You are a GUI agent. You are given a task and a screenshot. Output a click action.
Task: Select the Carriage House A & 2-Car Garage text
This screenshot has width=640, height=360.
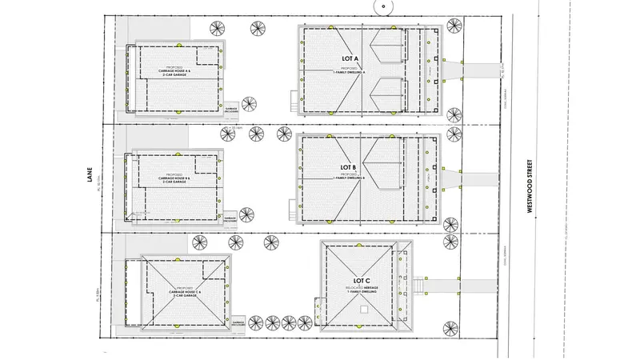coord(175,71)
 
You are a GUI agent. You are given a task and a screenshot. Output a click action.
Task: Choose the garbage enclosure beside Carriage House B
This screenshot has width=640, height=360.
coord(231,218)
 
